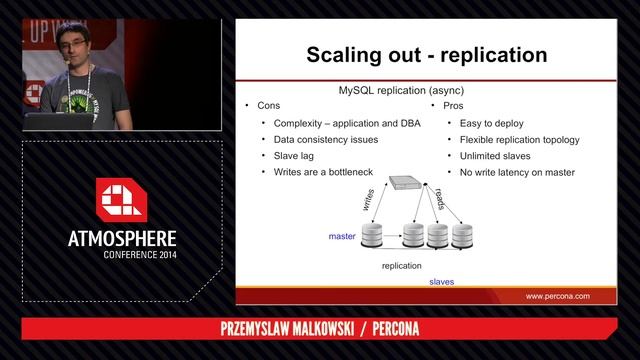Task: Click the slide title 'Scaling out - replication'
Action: [x=426, y=53]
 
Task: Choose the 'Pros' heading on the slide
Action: [x=445, y=106]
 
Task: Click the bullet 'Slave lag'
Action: [x=296, y=156]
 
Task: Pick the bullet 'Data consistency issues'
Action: [x=325, y=140]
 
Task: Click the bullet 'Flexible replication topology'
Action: [x=519, y=140]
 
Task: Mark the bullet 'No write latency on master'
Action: [x=517, y=172]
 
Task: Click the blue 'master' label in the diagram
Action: [x=342, y=236]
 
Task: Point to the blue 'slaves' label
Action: [x=441, y=282]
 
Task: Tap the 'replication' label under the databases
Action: [x=401, y=266]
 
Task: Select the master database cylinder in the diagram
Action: [x=373, y=236]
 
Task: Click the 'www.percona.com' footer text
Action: [x=558, y=296]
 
